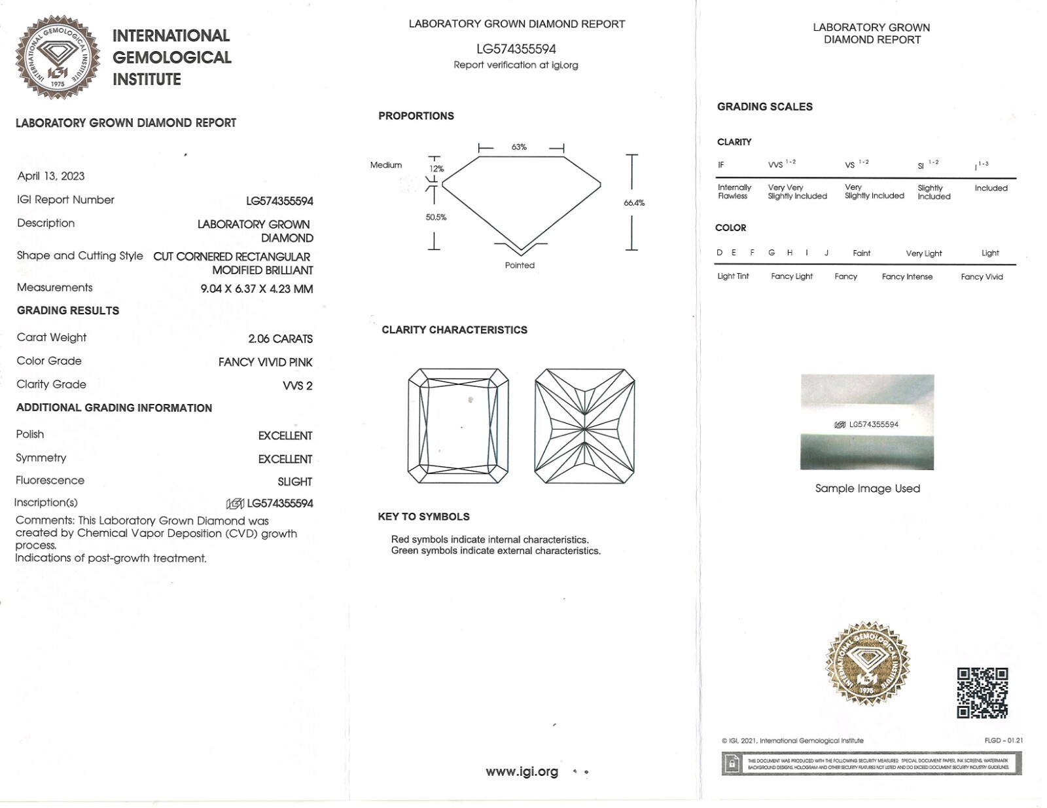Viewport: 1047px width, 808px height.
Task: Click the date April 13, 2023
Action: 51,175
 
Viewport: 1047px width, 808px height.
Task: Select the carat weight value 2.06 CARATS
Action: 280,339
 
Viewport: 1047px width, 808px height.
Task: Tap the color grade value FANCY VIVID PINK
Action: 265,362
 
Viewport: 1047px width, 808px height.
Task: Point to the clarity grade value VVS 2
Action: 297,386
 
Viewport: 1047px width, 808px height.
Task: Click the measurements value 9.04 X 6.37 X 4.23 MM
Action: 257,289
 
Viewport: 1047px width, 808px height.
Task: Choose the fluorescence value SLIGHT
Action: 294,481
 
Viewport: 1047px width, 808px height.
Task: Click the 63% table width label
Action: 519,147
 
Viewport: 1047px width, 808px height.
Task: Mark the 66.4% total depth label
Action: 633,203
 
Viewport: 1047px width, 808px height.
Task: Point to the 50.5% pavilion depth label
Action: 436,217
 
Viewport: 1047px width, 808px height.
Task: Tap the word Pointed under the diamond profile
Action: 520,265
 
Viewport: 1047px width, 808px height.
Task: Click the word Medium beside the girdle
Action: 386,165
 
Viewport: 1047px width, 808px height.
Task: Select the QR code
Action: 982,693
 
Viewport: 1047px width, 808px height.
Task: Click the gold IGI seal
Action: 867,663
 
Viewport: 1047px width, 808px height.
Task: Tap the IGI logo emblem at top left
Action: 58,58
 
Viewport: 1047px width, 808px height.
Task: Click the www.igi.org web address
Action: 522,771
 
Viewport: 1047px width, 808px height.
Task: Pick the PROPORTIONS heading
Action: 416,116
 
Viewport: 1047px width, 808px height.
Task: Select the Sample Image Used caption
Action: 867,488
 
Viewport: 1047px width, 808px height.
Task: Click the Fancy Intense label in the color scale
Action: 906,277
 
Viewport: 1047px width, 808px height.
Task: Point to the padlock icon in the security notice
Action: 732,763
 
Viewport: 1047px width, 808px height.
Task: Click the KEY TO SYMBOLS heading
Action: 423,517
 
